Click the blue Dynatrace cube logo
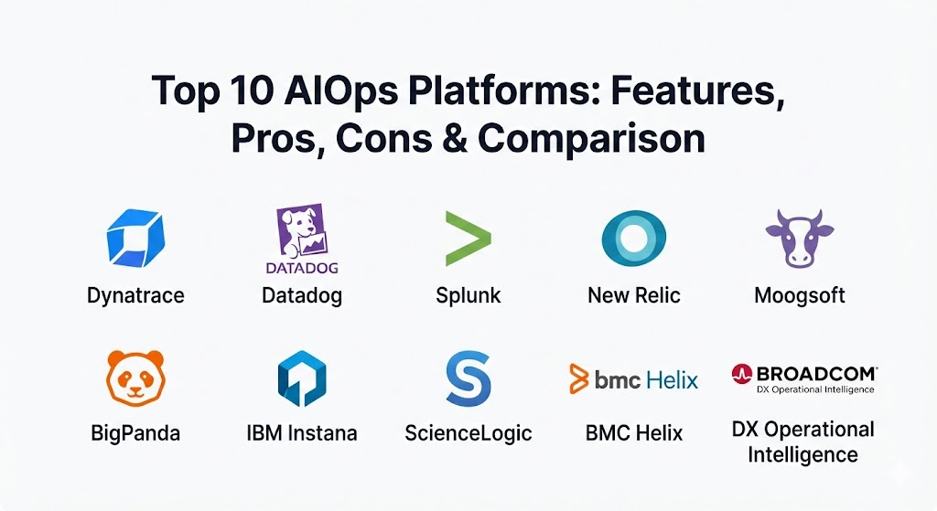[x=135, y=238]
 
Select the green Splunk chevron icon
[x=468, y=239]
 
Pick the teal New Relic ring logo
[x=633, y=238]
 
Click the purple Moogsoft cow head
[x=800, y=238]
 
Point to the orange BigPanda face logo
[x=135, y=378]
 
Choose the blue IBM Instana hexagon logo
[x=302, y=378]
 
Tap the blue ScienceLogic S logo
[x=468, y=378]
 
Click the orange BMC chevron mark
[x=578, y=378]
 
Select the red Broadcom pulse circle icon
[x=741, y=374]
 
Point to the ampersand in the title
[x=454, y=139]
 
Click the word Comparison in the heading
[x=592, y=139]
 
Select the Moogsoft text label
[x=800, y=295]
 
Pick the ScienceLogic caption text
[x=468, y=433]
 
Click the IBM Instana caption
[x=302, y=432]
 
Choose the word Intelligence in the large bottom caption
[x=802, y=455]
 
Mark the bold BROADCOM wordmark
[x=816, y=374]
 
